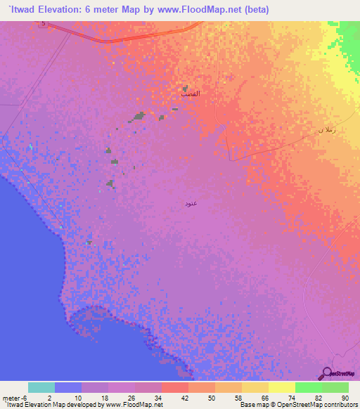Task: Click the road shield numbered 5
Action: tap(43, 24)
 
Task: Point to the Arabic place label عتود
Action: tap(191, 203)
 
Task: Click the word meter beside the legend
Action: tap(10, 398)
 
